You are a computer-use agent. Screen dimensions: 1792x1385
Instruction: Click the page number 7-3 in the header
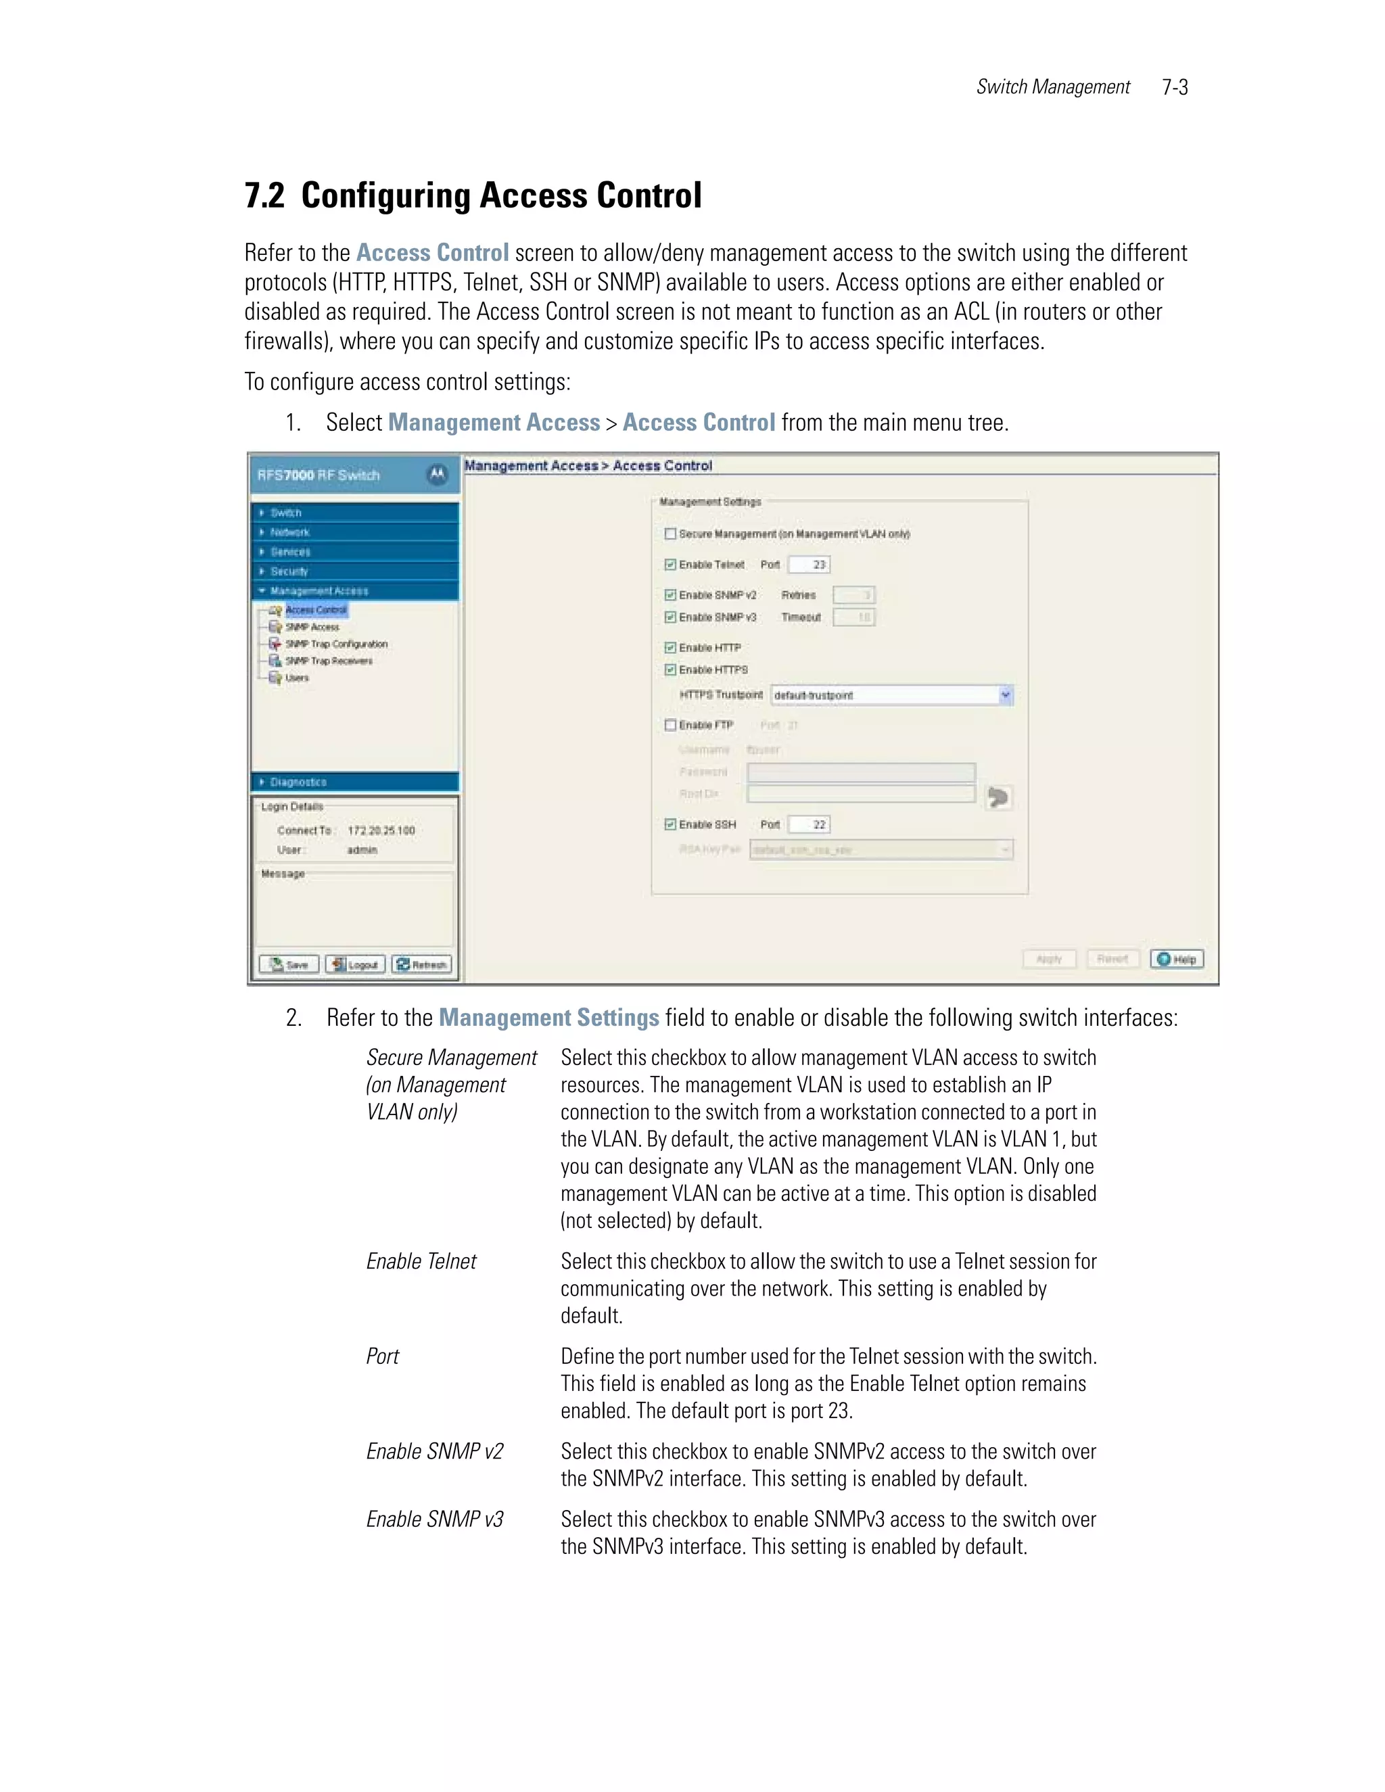pyautogui.click(x=1174, y=87)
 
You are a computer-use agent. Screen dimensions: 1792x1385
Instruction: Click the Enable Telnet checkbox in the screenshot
pyautogui.click(x=670, y=565)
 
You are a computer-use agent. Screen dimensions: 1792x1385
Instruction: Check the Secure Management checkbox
pyautogui.click(x=670, y=534)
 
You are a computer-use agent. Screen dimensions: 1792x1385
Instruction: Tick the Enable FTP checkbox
pyautogui.click(x=670, y=726)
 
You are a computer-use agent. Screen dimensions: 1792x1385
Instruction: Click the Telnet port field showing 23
pyautogui.click(x=809, y=565)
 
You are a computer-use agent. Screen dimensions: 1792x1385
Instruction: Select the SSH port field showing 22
pyautogui.click(x=809, y=824)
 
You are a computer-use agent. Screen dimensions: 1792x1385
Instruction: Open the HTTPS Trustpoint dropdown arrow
pyautogui.click(x=1005, y=695)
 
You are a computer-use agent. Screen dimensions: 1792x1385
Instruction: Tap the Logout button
pyautogui.click(x=356, y=965)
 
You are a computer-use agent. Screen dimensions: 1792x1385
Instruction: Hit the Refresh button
pyautogui.click(x=422, y=965)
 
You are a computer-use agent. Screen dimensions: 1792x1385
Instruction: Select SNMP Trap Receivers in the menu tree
pyautogui.click(x=328, y=661)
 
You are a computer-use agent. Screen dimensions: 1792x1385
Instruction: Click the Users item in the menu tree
pyautogui.click(x=296, y=678)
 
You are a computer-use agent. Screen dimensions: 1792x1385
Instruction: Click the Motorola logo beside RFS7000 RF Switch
pyautogui.click(x=438, y=474)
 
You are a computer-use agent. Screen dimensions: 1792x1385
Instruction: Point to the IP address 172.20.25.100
pyautogui.click(x=381, y=830)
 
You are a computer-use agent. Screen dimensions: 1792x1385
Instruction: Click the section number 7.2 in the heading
pyautogui.click(x=264, y=196)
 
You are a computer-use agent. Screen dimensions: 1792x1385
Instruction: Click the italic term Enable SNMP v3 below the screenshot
pyautogui.click(x=434, y=1519)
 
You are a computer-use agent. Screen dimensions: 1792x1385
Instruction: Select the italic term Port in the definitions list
pyautogui.click(x=382, y=1357)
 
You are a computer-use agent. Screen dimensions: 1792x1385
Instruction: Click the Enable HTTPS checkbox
pyautogui.click(x=670, y=670)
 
